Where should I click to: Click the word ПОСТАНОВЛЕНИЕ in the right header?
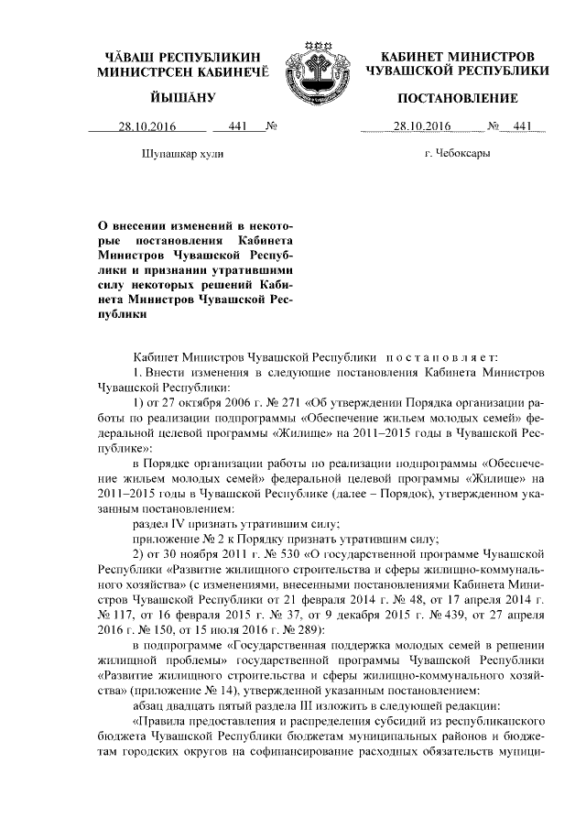pyautogui.click(x=457, y=98)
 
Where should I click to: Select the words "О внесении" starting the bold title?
pyautogui.click(x=137, y=224)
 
